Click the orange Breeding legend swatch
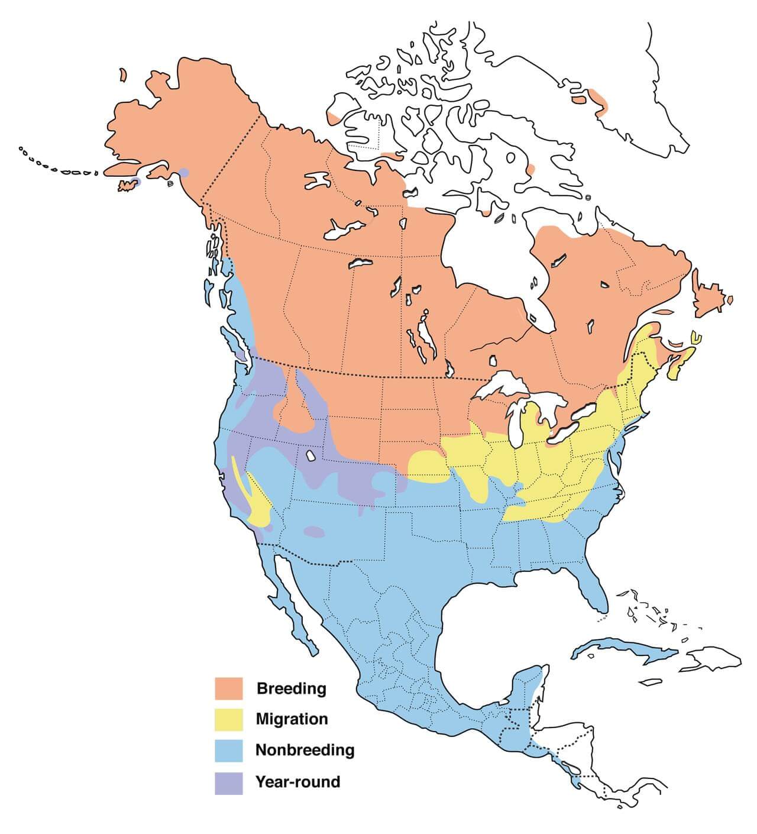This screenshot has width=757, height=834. pos(228,688)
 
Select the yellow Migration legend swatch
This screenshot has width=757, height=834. pos(228,719)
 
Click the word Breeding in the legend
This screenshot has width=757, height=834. pos(291,688)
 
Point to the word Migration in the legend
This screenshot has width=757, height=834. pos(292,719)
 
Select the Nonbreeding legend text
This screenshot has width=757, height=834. pos(305,751)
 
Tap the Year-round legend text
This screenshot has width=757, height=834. pos(297,782)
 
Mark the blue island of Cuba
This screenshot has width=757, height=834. pos(627,651)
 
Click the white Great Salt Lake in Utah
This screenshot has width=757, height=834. pos(310,457)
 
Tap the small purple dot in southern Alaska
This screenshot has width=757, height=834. pos(184,173)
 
